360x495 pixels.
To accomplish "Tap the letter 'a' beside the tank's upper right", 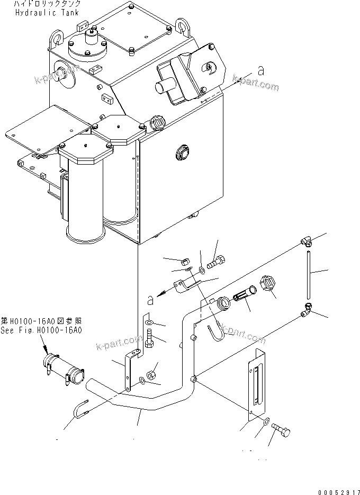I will tap(260, 70).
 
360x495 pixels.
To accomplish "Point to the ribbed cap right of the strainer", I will tap(268, 285).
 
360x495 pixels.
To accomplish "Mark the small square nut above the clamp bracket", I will tap(185, 262).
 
